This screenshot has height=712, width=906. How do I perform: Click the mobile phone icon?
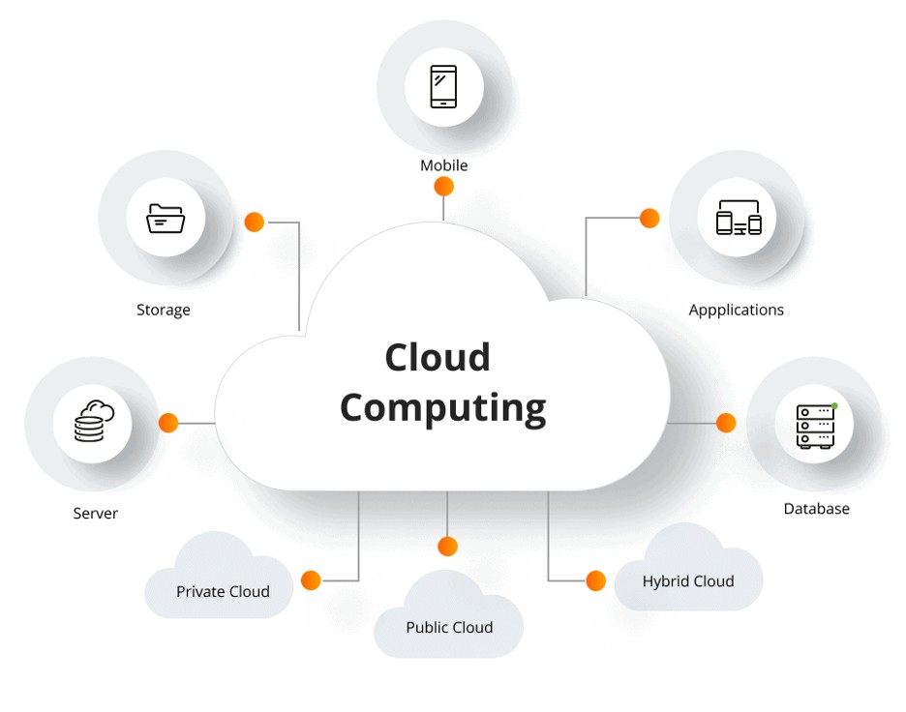click(443, 86)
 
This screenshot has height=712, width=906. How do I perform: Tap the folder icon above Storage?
click(165, 218)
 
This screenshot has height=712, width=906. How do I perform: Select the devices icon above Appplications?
click(738, 219)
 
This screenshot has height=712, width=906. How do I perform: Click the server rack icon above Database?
click(815, 426)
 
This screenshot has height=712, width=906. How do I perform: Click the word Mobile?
click(443, 165)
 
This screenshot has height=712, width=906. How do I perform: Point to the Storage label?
click(164, 311)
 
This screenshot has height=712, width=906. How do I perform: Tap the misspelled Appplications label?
click(736, 311)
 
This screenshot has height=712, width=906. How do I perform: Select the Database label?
click(816, 509)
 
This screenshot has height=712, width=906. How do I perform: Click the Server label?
click(95, 514)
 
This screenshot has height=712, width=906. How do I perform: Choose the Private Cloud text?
click(223, 592)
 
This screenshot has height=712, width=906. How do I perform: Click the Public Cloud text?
click(449, 628)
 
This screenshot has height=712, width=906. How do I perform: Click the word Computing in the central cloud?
click(442, 406)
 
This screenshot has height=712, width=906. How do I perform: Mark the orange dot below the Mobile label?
click(443, 188)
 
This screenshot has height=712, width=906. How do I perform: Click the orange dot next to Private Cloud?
click(311, 580)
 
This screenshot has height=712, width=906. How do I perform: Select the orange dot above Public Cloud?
click(447, 547)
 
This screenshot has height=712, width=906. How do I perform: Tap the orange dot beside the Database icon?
click(726, 423)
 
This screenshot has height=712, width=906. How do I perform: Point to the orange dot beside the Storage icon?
click(255, 222)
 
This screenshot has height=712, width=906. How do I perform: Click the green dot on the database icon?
click(833, 406)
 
